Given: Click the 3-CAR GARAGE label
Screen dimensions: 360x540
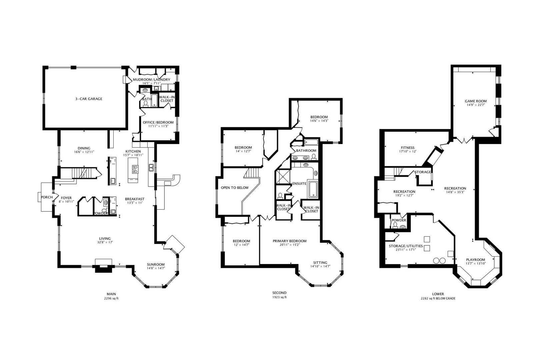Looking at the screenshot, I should pos(88,99).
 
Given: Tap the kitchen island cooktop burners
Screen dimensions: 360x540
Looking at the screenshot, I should pos(135,169).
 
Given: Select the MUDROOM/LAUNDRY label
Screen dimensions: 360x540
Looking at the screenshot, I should pos(151,80).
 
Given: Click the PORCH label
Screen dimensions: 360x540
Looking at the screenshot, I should pos(47,197).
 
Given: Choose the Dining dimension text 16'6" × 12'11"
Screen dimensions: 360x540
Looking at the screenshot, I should pos(84,152).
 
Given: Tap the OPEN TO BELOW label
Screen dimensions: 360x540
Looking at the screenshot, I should pos(235,188).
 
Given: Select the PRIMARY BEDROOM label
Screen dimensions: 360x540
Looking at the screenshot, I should pos(289,241).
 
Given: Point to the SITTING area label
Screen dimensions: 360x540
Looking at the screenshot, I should pos(320,262).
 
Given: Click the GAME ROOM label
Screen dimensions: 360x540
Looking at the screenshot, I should pos(476,101).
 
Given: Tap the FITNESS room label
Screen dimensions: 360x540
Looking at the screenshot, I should pos(408,148).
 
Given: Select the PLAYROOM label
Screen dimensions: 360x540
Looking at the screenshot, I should pos(475,260).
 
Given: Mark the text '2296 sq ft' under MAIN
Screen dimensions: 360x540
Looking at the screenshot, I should pos(111,298).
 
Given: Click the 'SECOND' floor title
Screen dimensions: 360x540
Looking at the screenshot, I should pos(279,293).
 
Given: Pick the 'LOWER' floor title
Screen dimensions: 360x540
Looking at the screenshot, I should pos(438,294).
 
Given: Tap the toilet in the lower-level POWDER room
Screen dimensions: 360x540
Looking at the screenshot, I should pos(395,225).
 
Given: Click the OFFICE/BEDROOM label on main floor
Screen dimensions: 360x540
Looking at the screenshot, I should pos(158,122).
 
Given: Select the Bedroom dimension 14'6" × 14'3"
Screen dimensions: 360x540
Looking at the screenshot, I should pos(319,121).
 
